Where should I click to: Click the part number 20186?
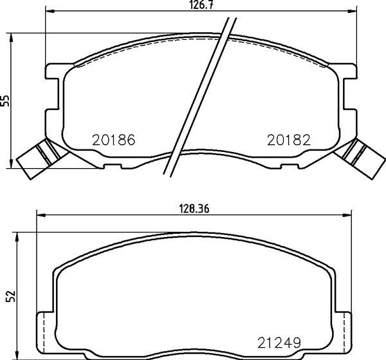[113, 139]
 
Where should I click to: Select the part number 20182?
[289, 139]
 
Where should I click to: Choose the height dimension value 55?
[6, 100]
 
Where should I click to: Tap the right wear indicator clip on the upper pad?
[360, 158]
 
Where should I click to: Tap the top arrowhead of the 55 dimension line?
[14, 34]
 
